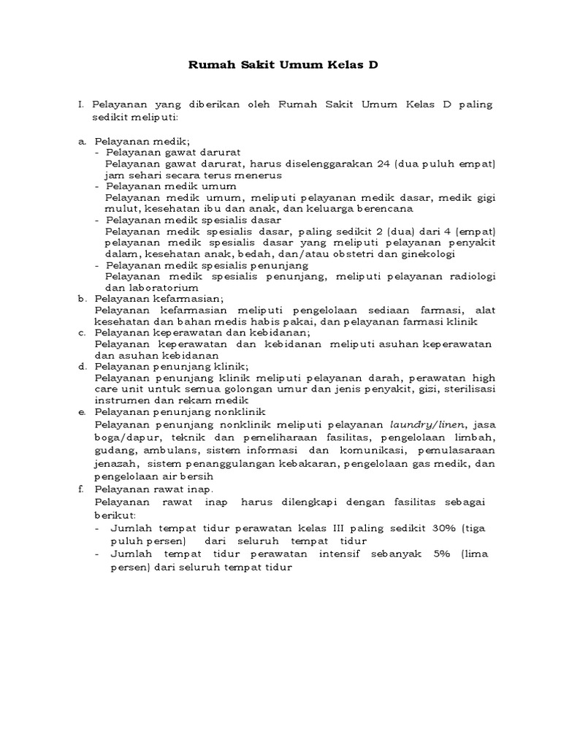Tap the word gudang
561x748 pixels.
pyautogui.click(x=115, y=450)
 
